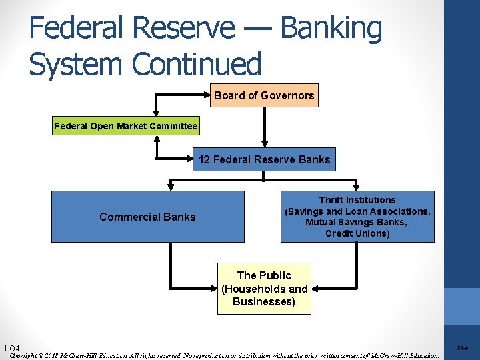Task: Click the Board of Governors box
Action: point(264,95)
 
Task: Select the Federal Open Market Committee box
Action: point(125,126)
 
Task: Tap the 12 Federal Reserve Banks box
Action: point(264,159)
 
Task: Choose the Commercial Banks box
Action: point(147,217)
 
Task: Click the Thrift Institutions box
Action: point(357,217)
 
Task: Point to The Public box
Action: point(264,289)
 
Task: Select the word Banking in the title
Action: point(331,28)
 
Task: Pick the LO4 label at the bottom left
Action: point(12,349)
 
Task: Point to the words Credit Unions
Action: point(357,233)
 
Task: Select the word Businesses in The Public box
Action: point(264,302)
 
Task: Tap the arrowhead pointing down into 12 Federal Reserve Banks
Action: point(265,143)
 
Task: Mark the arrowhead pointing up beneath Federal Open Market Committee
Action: point(157,138)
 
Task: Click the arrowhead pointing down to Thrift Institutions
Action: point(357,187)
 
